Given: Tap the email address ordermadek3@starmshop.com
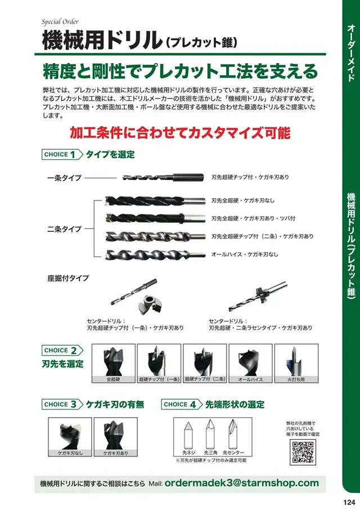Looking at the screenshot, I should coord(241,483).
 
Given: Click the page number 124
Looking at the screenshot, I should coord(349,502).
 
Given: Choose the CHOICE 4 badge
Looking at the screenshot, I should coord(182,404).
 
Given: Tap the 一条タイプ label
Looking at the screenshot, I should coord(64,178).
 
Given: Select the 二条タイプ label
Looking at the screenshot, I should coord(64,229).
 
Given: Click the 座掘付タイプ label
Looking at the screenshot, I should coord(68,278).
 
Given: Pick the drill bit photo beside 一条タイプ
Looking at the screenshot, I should coord(163,177).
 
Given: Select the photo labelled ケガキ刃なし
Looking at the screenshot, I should coord(70,433).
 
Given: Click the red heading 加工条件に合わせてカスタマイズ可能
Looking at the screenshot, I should coord(179,133).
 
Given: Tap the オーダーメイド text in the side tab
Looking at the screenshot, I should coord(350,53).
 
